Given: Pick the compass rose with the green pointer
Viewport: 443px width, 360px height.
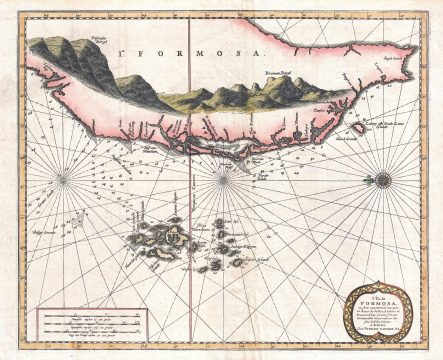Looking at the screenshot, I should coord(381,180).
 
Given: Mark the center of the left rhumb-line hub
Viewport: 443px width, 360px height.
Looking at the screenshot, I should coord(62,180).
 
